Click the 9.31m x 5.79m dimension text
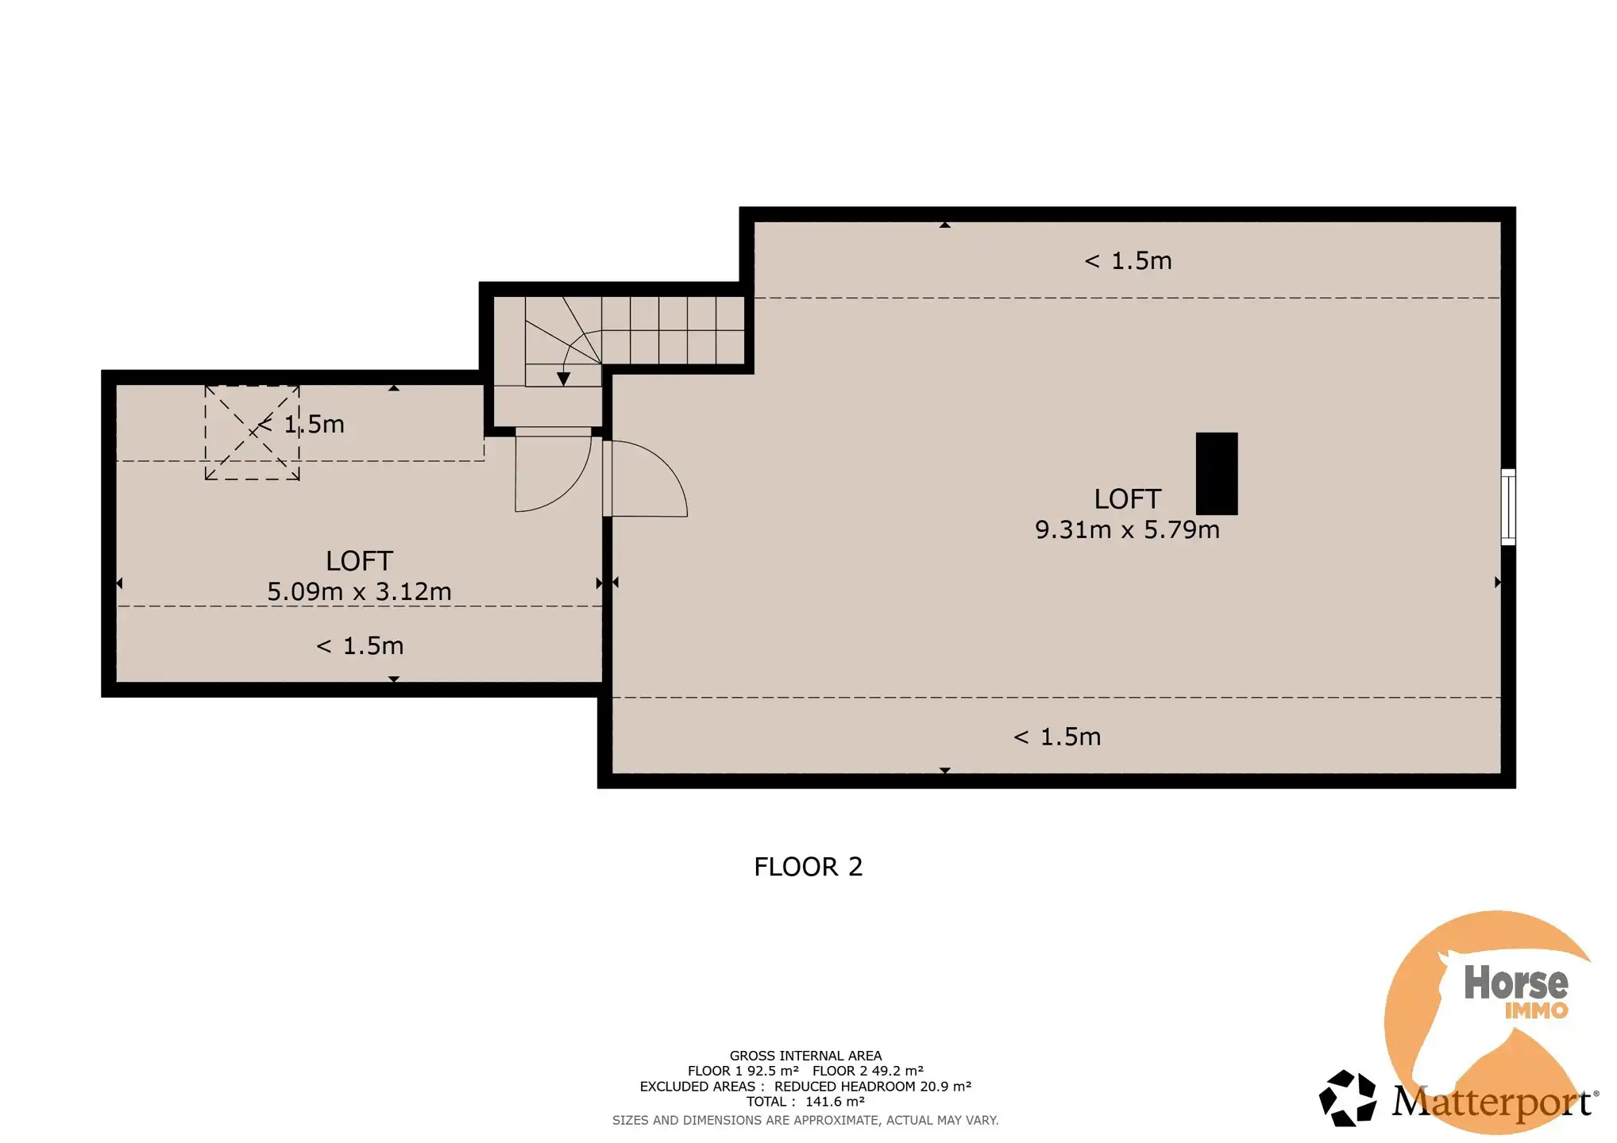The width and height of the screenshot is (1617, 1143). pyautogui.click(x=1127, y=529)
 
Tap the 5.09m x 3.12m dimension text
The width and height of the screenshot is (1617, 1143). pyautogui.click(x=359, y=591)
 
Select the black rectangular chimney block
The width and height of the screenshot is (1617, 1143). pyautogui.click(x=1217, y=474)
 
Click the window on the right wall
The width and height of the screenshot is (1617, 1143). pyautogui.click(x=1507, y=507)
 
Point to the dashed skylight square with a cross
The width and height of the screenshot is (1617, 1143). pyautogui.click(x=253, y=433)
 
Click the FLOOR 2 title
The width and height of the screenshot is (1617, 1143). pyautogui.click(x=808, y=867)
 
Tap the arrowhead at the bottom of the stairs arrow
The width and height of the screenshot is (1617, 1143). pyautogui.click(x=563, y=379)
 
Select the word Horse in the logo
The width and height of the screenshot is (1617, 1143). pyautogui.click(x=1515, y=983)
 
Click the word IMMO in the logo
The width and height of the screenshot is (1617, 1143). pyautogui.click(x=1536, y=1010)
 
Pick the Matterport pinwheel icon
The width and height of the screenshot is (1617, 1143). pyautogui.click(x=1347, y=1098)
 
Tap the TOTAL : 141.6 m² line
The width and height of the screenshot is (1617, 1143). pyautogui.click(x=805, y=1102)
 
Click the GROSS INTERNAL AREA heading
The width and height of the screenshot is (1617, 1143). pyautogui.click(x=805, y=1056)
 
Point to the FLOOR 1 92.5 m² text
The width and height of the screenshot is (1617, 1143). pyautogui.click(x=743, y=1071)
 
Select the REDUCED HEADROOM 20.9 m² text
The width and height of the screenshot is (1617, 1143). pyautogui.click(x=873, y=1087)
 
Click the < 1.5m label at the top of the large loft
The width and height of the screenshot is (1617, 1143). pyautogui.click(x=1128, y=261)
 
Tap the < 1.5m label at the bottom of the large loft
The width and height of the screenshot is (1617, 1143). pyautogui.click(x=1057, y=737)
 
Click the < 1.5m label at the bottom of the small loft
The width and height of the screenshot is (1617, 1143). pyautogui.click(x=360, y=646)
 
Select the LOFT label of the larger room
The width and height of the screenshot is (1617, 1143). pyautogui.click(x=1127, y=499)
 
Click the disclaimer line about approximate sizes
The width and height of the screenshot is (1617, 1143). pyautogui.click(x=805, y=1121)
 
